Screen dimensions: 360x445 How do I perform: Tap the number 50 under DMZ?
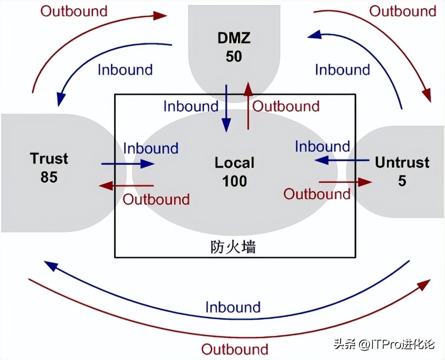[x=234, y=56]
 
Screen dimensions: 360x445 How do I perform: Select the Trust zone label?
[x=49, y=158]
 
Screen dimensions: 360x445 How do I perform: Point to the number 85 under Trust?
[x=49, y=177]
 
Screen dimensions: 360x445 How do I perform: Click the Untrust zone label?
[x=402, y=162]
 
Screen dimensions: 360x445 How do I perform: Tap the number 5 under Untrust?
[x=402, y=181]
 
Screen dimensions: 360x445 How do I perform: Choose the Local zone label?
[x=235, y=163]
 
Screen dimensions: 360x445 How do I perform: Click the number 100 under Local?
[x=235, y=181]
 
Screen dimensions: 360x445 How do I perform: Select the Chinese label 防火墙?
[x=233, y=247]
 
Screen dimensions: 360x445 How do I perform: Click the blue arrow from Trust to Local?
[x=128, y=164]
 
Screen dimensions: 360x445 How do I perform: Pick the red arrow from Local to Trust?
[x=126, y=185]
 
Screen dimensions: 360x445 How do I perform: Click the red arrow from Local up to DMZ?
[x=248, y=105]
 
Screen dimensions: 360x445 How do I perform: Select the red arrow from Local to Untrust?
[x=345, y=182]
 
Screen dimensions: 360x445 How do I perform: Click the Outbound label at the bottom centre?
[x=235, y=349]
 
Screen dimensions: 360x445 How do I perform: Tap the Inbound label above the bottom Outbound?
[x=233, y=307]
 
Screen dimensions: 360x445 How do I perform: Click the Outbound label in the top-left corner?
[x=74, y=11]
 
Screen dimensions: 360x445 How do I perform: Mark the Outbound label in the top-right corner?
[x=403, y=11]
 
